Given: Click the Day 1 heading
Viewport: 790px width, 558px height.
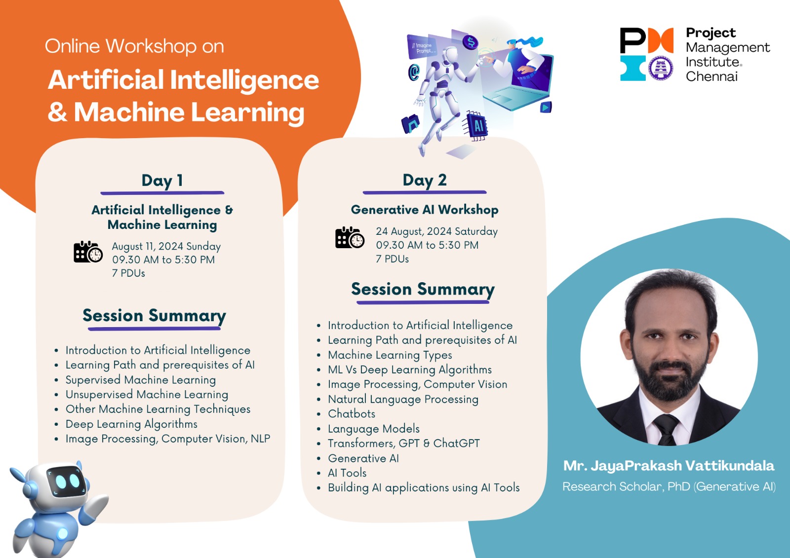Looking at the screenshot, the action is point(162,181).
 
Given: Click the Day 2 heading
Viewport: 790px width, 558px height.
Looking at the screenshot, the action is point(425,180).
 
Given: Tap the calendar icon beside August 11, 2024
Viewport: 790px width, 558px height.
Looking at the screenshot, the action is point(88,252).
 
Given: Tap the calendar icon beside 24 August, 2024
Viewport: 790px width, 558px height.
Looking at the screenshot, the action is point(350,238).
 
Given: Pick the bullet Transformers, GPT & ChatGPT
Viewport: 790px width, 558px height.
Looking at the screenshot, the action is point(404,443).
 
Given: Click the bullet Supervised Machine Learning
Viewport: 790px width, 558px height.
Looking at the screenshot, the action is point(141,380).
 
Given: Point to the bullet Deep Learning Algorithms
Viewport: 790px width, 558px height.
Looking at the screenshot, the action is point(131,424).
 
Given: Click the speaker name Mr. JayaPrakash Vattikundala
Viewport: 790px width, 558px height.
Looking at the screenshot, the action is point(669,466).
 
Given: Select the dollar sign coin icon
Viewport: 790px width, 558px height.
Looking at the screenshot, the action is point(471,42).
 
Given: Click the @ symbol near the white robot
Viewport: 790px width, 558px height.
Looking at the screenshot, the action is point(414,72).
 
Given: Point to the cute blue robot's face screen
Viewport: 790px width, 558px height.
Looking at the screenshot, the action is point(67,481).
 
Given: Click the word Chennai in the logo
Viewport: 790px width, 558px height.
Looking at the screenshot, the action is point(711,76).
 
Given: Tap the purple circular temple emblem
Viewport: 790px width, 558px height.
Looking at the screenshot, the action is point(661,68).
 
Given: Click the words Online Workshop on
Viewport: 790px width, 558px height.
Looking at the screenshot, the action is point(134,46).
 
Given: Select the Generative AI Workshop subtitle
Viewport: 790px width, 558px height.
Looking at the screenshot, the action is point(425,210).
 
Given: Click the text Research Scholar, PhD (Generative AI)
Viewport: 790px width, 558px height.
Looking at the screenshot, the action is point(669,486).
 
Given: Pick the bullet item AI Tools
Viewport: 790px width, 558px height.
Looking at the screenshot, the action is point(348,473).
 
